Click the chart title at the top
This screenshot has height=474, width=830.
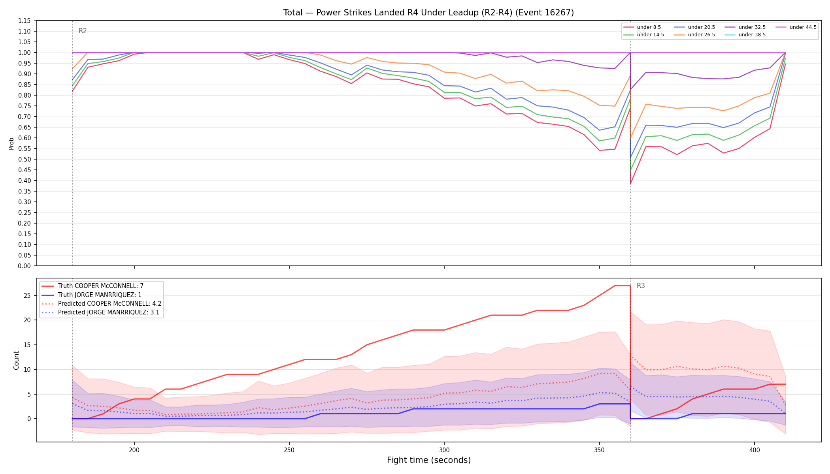click(428, 13)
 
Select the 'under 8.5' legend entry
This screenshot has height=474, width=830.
click(642, 27)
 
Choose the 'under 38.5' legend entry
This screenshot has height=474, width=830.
click(745, 35)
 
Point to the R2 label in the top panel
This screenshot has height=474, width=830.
click(83, 31)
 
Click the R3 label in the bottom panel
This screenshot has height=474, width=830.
click(641, 286)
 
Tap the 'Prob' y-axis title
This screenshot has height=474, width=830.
click(11, 143)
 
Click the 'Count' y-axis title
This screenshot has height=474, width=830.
click(16, 360)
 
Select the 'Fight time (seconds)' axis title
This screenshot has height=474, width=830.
click(429, 460)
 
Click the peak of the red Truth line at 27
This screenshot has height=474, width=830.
click(622, 286)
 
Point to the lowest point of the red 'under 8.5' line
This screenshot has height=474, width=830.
click(630, 184)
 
